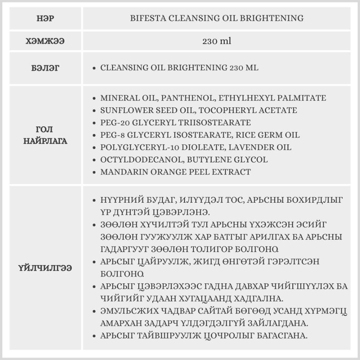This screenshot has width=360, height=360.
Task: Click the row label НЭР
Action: click(45, 18)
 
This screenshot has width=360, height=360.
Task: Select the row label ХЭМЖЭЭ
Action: click(45, 41)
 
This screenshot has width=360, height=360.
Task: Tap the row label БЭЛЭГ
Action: click(45, 68)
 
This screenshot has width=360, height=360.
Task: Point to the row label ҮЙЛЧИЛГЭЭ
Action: click(45, 268)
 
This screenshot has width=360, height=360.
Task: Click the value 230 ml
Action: click(217, 41)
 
